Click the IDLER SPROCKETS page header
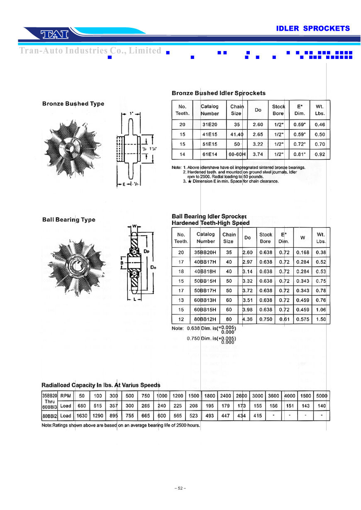click(x=313, y=29)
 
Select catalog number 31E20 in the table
click(x=210, y=124)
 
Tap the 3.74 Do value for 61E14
click(x=258, y=154)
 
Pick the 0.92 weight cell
click(x=320, y=154)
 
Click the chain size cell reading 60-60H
click(x=237, y=154)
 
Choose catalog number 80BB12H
click(x=205, y=320)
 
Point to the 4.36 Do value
click(x=248, y=320)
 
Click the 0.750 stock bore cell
click(x=266, y=320)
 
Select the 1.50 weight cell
click(x=320, y=320)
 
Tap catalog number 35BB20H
click(x=205, y=252)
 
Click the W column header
click(x=302, y=238)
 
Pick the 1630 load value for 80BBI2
click(x=82, y=416)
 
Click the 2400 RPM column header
click(x=226, y=396)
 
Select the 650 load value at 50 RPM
click(x=82, y=406)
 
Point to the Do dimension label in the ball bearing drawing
click(x=153, y=268)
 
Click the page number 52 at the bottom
click(x=180, y=488)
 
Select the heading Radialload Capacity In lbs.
click(x=101, y=385)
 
